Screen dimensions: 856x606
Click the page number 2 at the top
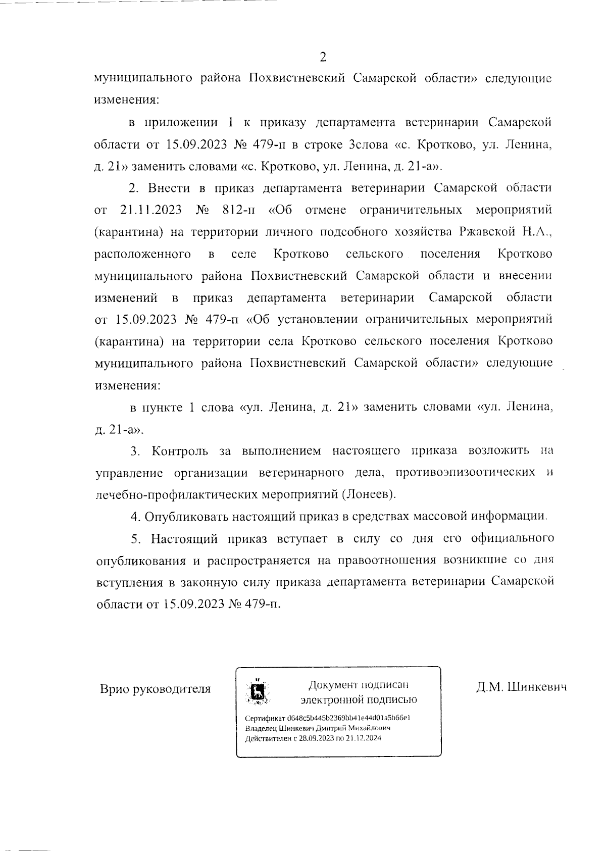pos(323,57)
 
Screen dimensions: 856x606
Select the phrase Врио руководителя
pos(155,689)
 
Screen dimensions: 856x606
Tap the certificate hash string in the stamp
pos(349,718)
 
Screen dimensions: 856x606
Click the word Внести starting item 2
pos(168,188)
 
